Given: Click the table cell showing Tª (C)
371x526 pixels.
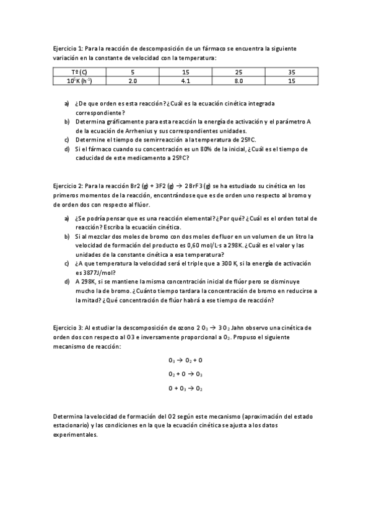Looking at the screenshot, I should (79, 72).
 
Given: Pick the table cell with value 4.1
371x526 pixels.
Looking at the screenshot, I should (185, 81).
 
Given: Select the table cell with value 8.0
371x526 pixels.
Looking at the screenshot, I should (238, 81).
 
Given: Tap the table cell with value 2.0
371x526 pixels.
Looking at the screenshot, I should (132, 81).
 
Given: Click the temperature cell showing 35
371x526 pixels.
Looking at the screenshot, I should (292, 72).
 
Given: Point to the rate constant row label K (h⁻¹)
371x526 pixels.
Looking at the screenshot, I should (79, 81).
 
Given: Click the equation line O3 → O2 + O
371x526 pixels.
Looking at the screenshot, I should (185, 360).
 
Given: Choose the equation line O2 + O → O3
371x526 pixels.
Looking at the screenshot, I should (185, 374).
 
